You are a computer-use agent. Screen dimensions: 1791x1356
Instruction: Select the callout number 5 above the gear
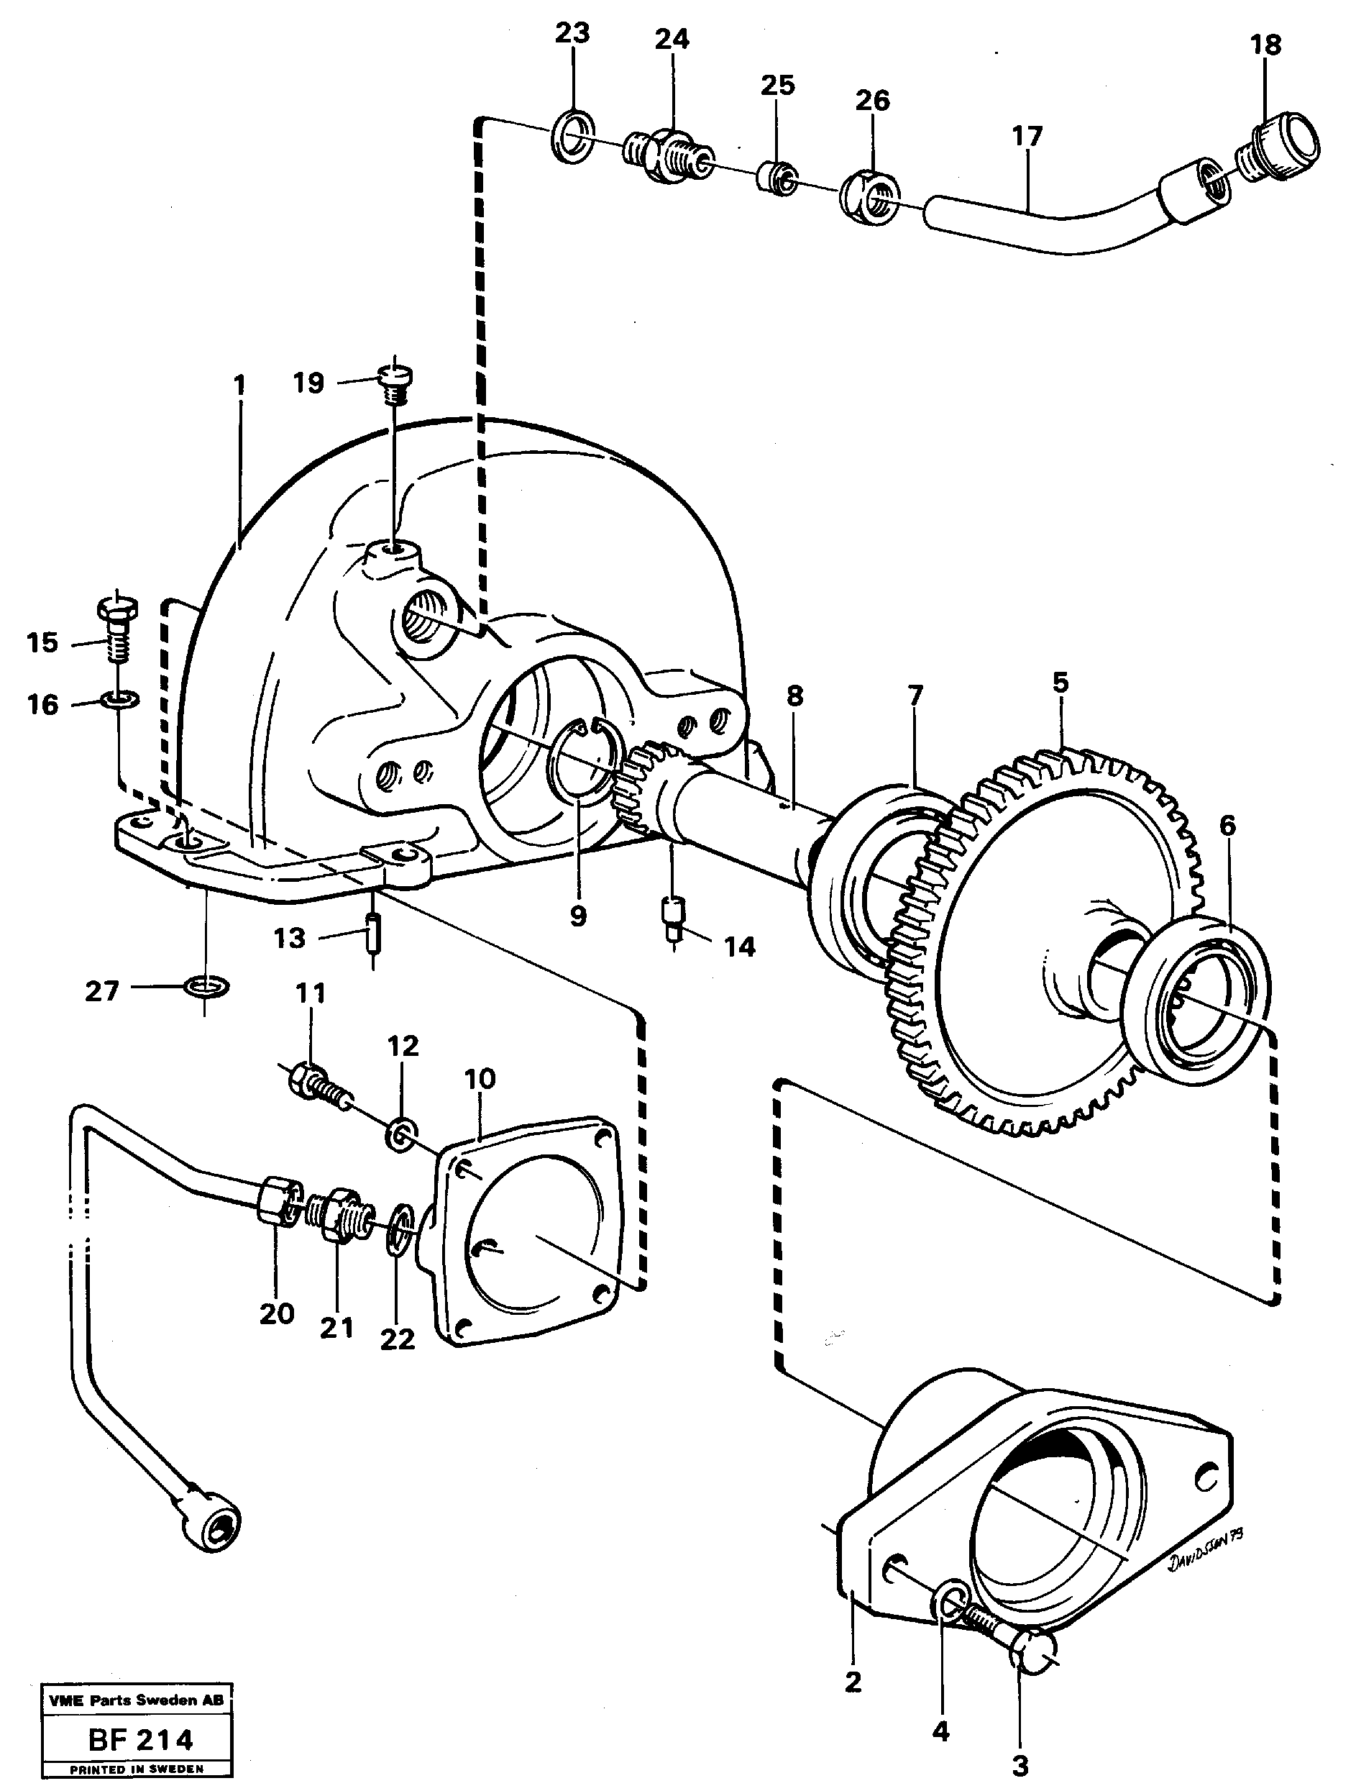pyautogui.click(x=1060, y=682)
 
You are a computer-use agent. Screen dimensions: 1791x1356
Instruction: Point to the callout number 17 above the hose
pyautogui.click(x=1027, y=136)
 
